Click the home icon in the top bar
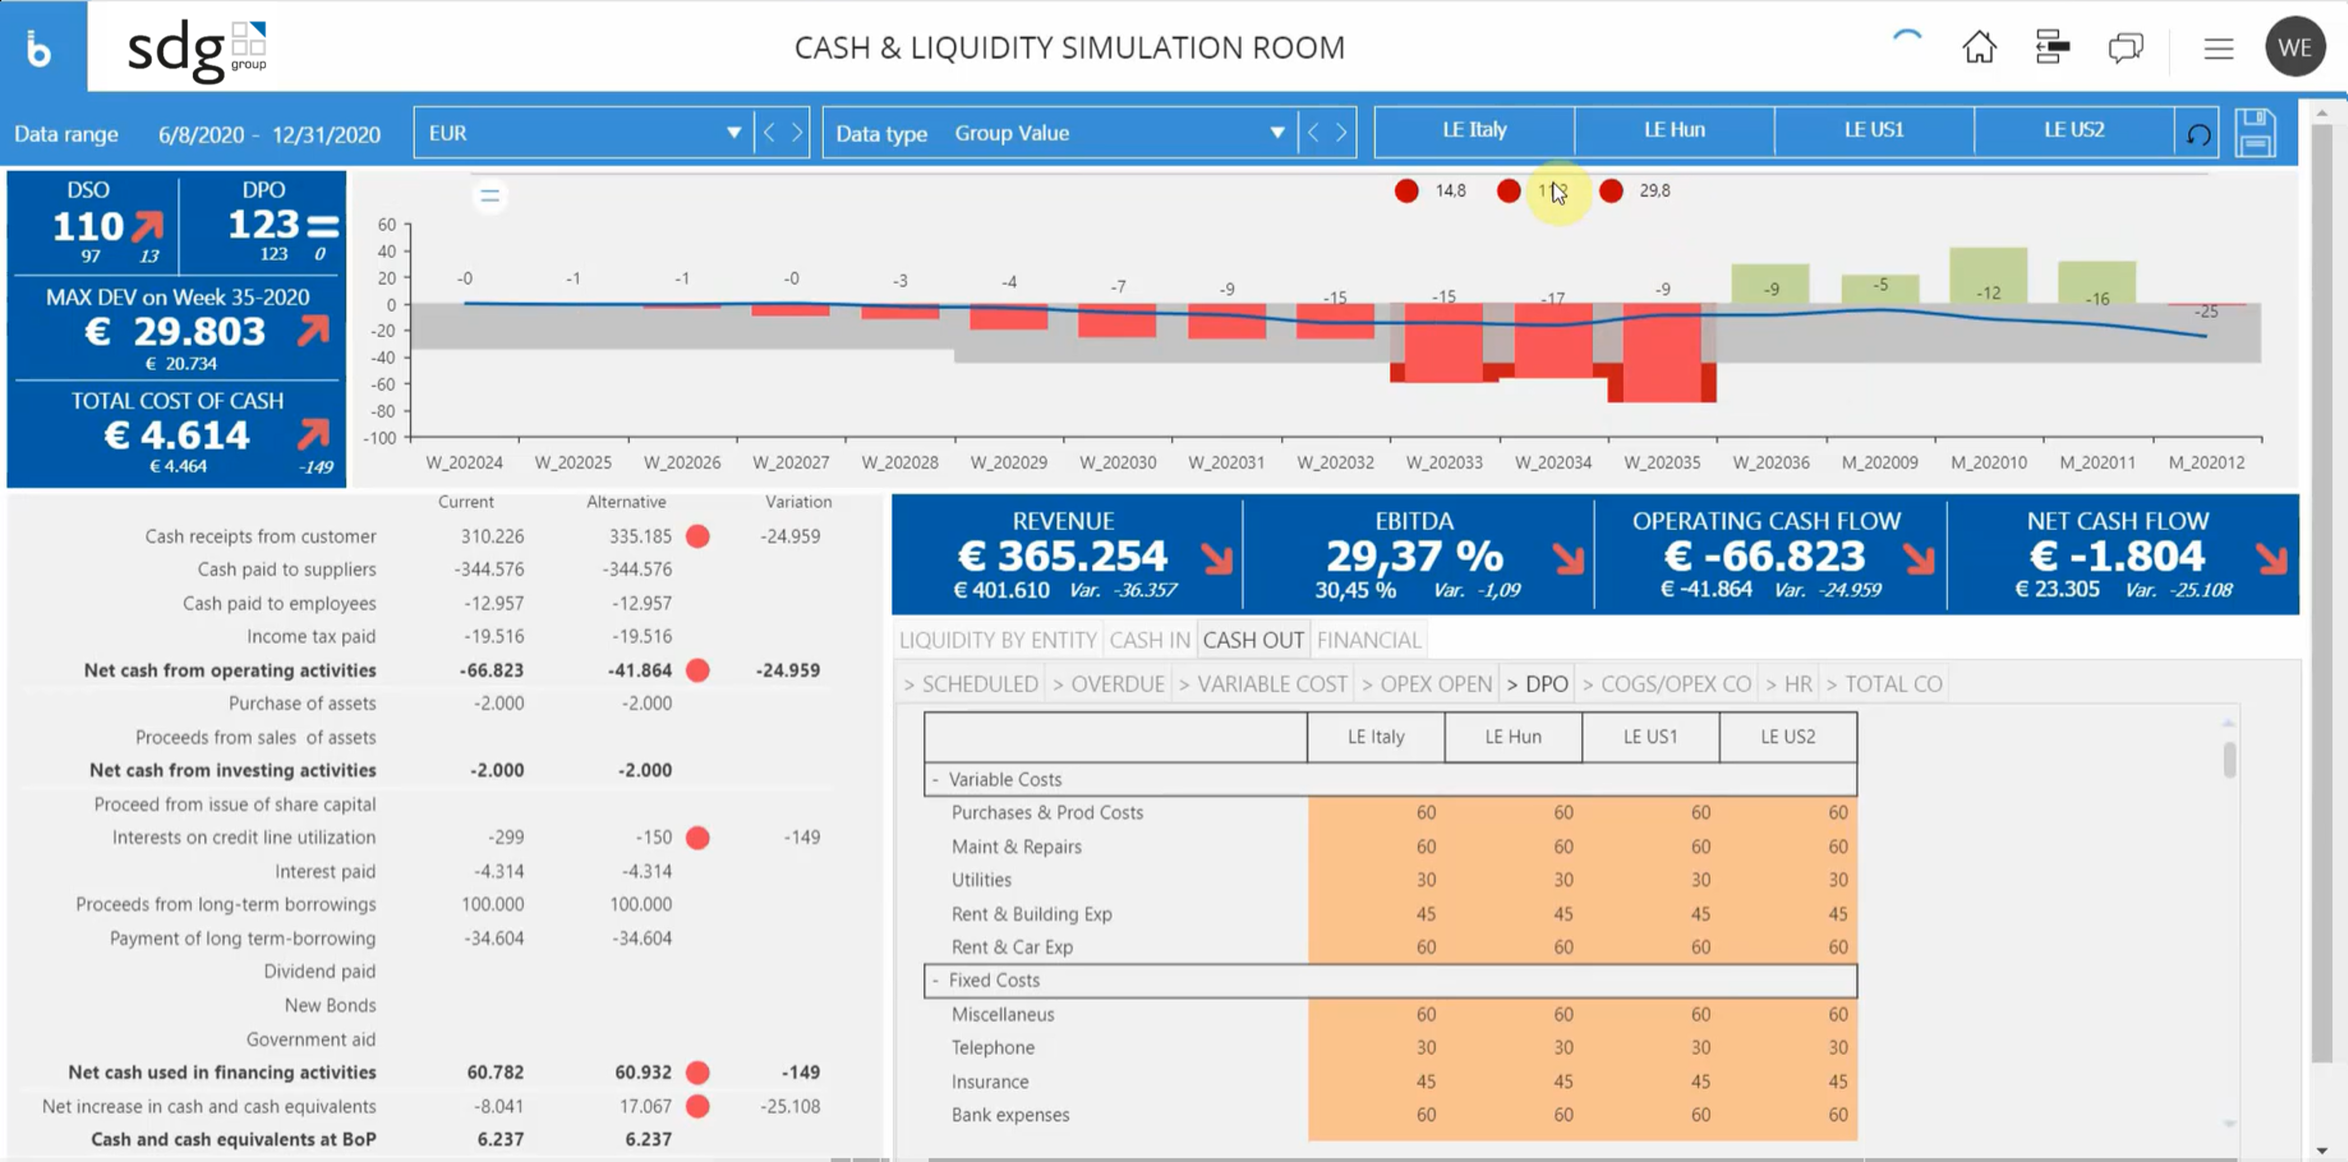click(1979, 47)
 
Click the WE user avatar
click(2294, 47)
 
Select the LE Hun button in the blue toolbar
click(1673, 130)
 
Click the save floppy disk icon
click(2255, 133)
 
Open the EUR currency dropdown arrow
click(733, 133)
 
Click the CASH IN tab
click(1149, 640)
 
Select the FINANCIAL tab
click(1368, 640)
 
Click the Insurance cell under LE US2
click(1788, 1081)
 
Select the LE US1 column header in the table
click(1650, 736)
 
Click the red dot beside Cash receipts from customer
click(697, 536)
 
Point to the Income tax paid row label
click(311, 636)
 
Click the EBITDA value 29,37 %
click(1414, 556)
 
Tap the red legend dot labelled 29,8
click(1611, 190)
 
